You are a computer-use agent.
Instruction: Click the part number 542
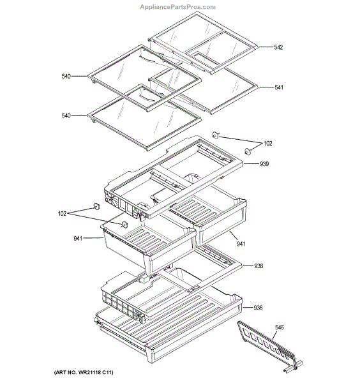(x=278, y=48)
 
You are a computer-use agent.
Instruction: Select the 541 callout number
(x=278, y=87)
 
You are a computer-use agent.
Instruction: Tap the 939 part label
(x=264, y=165)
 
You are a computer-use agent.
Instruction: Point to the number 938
(x=259, y=266)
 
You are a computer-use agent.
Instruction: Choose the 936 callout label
(x=258, y=308)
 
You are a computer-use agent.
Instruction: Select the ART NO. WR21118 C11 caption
(x=84, y=372)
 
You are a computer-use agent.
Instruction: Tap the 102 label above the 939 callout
(x=267, y=143)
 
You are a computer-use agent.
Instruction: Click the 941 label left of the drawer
(x=78, y=239)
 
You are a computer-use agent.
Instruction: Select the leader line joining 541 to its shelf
(x=265, y=87)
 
